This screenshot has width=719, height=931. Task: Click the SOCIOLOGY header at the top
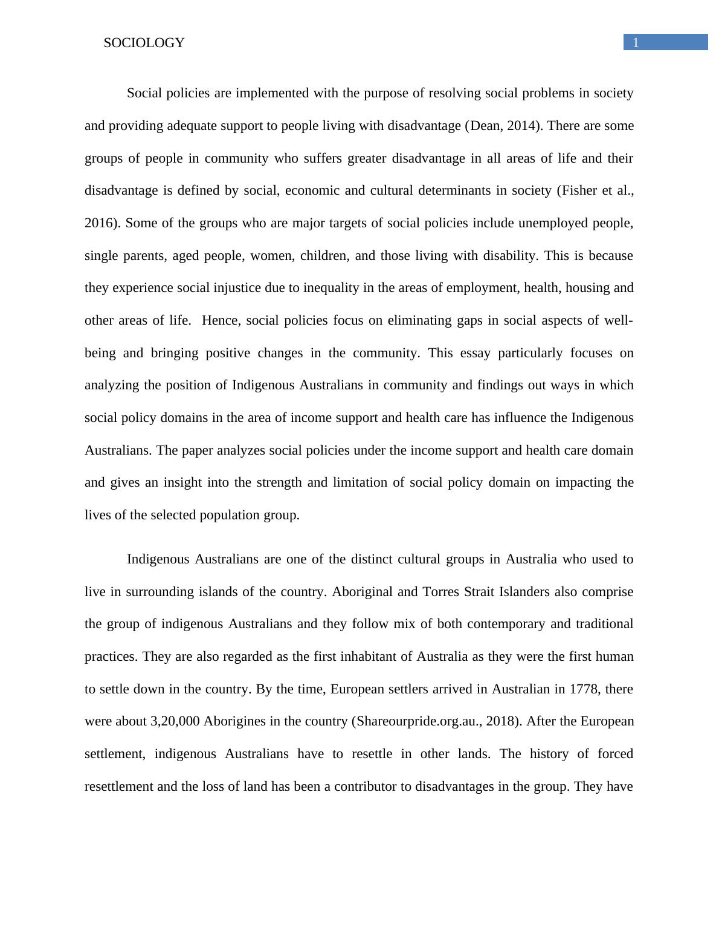(x=144, y=43)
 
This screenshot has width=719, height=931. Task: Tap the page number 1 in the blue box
(x=636, y=42)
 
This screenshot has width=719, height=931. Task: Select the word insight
(x=181, y=482)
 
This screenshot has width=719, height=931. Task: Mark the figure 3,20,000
(x=175, y=721)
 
